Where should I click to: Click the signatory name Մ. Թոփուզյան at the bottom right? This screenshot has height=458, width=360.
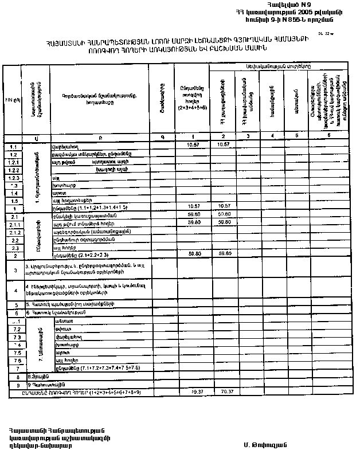264,444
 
